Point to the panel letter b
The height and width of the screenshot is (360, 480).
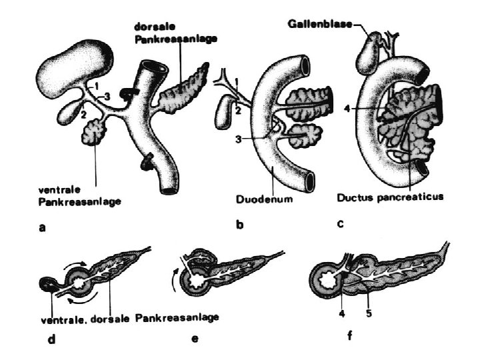coord(239,225)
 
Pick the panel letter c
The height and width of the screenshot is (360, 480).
coord(340,225)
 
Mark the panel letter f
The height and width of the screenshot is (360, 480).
coord(350,336)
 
